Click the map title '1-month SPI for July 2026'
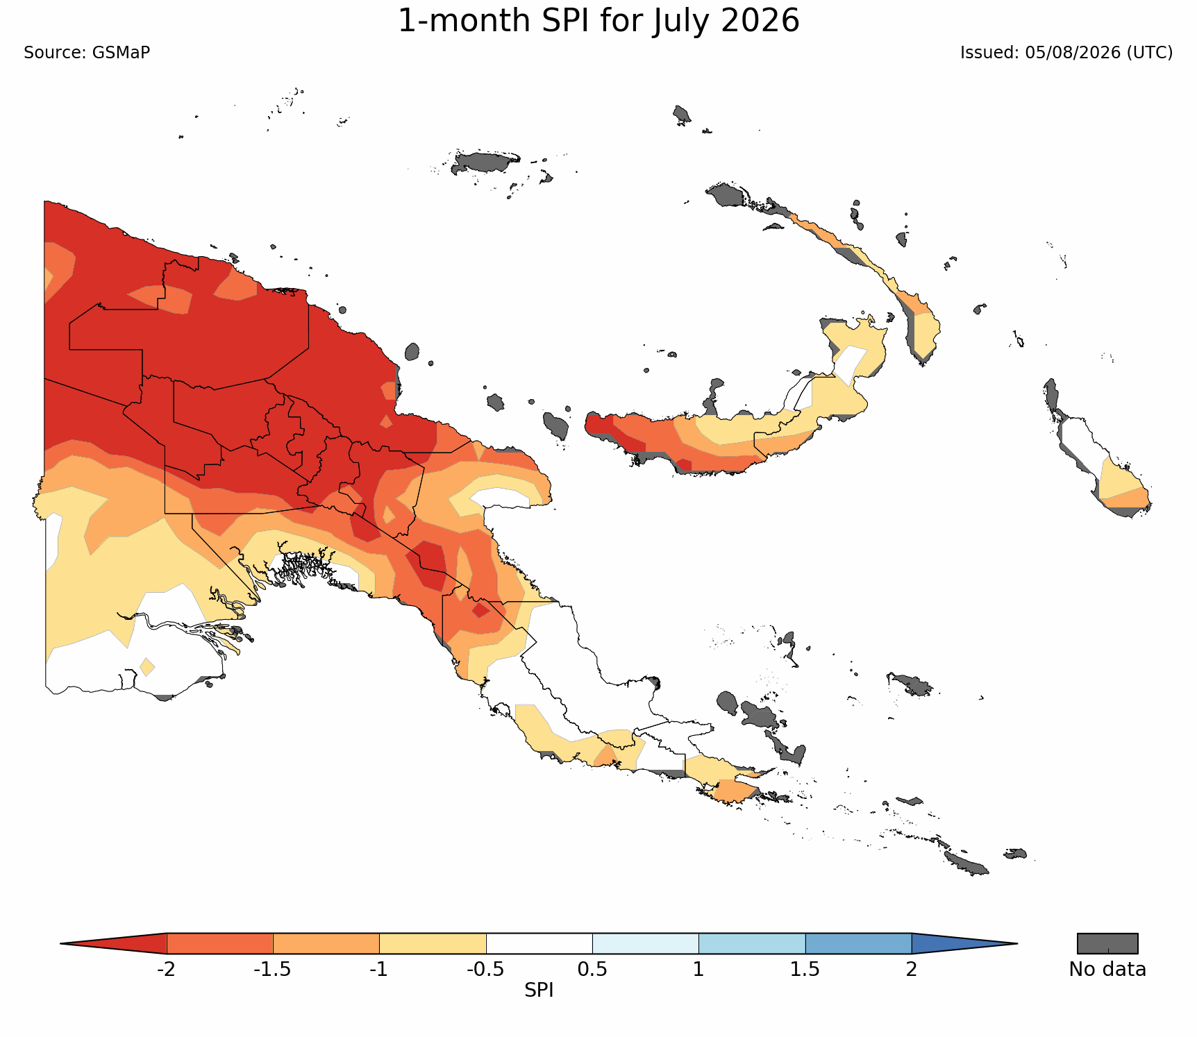(598, 21)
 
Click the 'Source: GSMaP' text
(87, 53)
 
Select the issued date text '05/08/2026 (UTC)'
(1098, 53)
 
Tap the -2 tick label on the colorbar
(166, 969)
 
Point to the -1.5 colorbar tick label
(272, 969)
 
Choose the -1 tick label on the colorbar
(378, 969)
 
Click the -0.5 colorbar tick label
(485, 969)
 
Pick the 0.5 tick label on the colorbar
(592, 969)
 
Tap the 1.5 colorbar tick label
(805, 969)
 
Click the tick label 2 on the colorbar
(912, 969)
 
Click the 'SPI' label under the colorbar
(539, 990)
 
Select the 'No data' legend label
(1107, 970)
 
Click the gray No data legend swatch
(1107, 943)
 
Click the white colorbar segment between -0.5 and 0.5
(539, 943)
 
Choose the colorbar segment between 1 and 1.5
(752, 943)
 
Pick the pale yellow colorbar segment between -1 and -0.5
(433, 943)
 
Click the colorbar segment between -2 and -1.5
(220, 943)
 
